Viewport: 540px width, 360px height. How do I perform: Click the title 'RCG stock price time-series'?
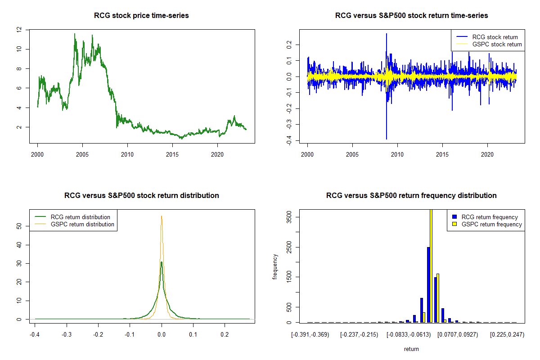click(141, 16)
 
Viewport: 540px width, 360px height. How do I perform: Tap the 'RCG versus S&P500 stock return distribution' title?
click(141, 196)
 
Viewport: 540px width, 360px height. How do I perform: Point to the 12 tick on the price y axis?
click(19, 29)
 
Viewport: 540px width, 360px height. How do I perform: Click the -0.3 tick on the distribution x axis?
click(66, 334)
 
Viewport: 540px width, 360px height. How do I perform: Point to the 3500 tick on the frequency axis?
click(289, 217)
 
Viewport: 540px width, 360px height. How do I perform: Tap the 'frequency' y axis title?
click(275, 267)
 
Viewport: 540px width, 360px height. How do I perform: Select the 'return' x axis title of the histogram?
click(411, 349)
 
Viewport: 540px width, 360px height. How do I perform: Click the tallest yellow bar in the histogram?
click(431, 265)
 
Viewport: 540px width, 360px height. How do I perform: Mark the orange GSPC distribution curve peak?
click(161, 216)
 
